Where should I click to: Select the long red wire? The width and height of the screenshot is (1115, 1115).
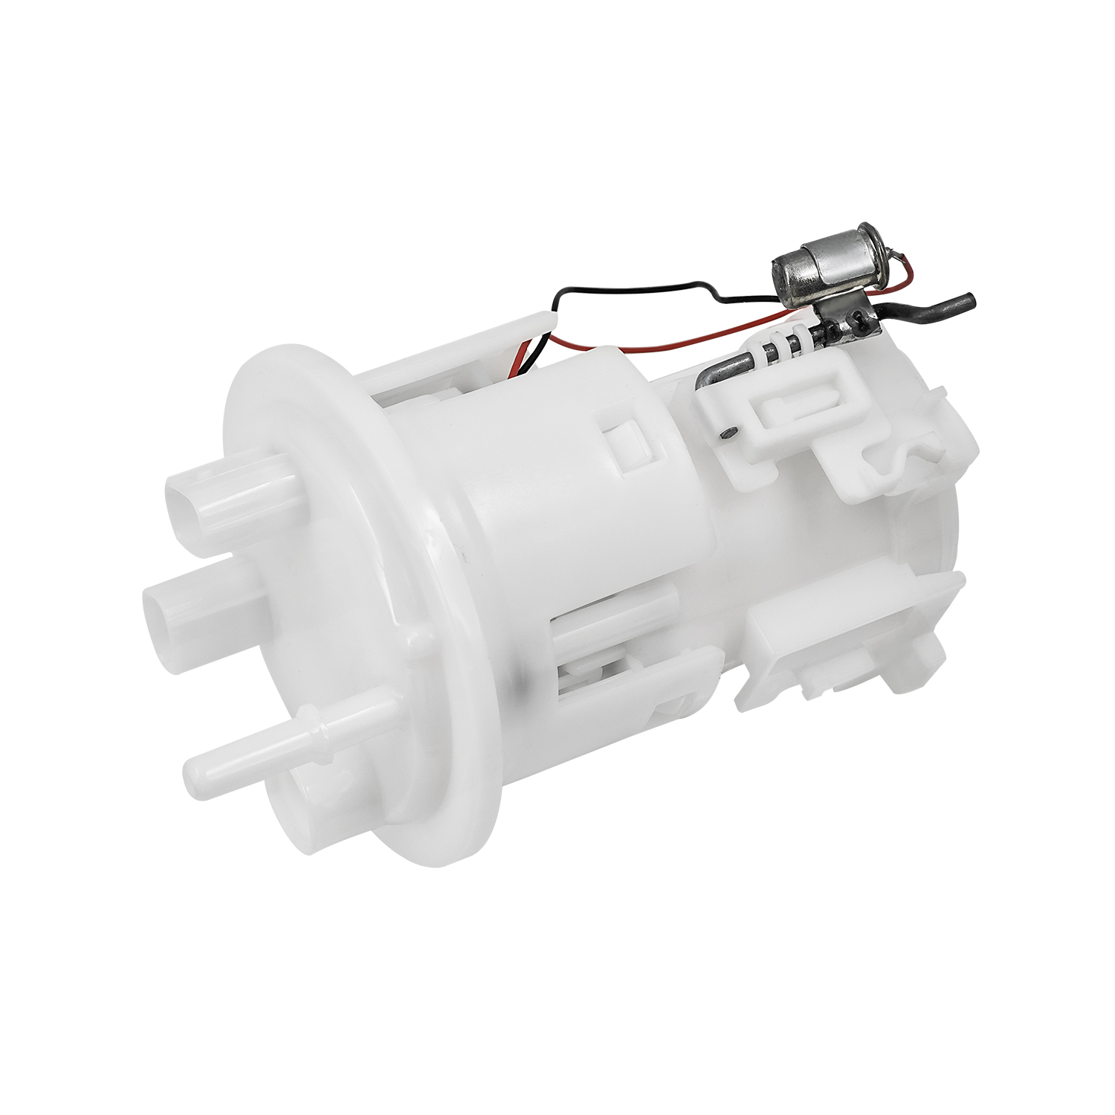coord(669,343)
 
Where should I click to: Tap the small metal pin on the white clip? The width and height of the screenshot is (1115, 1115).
coord(728,432)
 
